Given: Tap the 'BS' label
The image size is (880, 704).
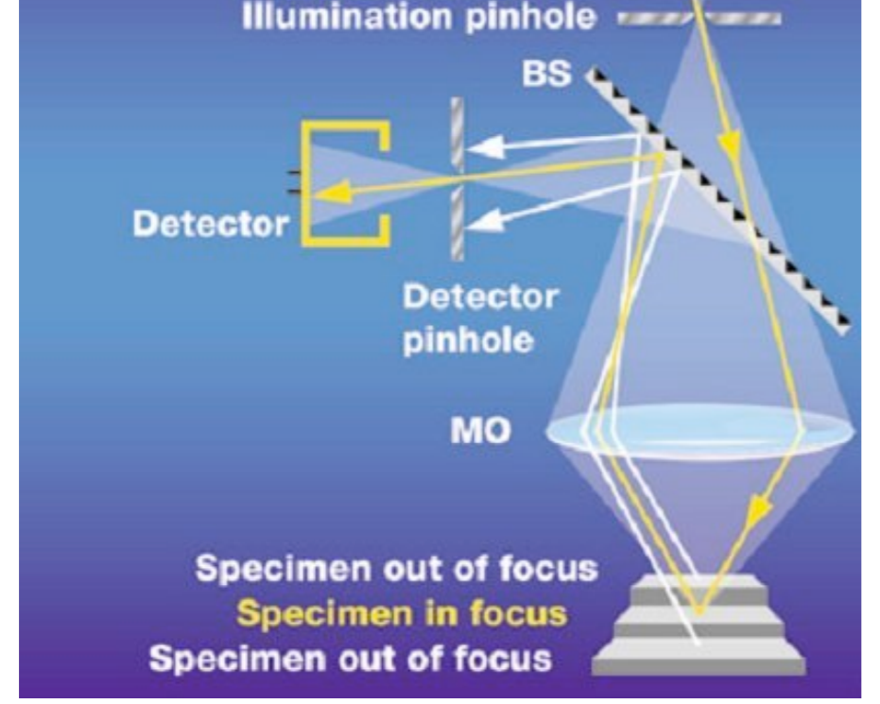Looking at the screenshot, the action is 547,76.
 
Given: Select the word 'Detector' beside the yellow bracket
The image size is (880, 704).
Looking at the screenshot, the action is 210,224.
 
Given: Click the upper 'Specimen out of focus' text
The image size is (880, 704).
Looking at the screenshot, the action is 397,570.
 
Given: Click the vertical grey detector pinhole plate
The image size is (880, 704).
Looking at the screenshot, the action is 457,180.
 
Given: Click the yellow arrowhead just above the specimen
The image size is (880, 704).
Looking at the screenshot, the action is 753,516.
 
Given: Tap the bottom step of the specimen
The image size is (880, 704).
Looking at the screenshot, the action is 699,661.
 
